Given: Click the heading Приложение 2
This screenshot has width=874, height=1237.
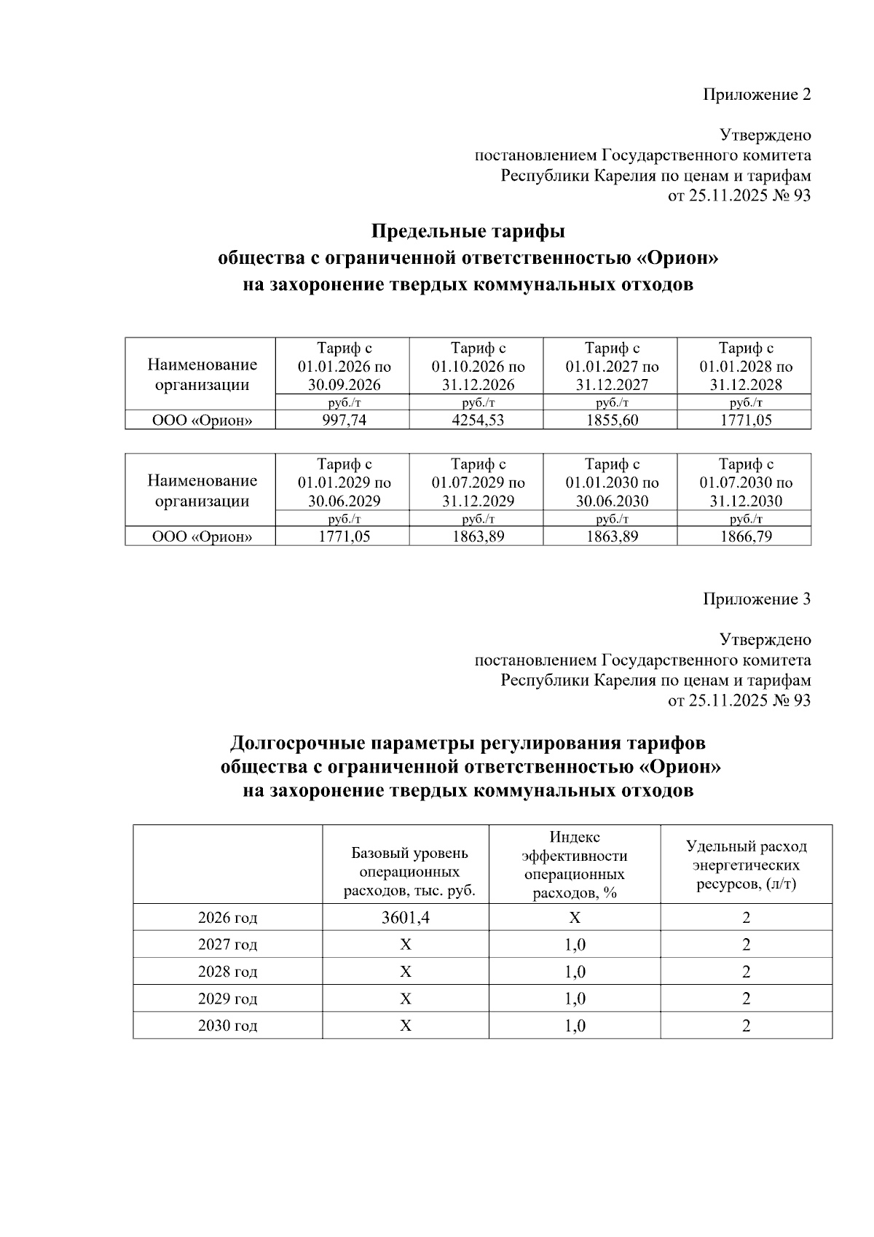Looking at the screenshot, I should [756, 95].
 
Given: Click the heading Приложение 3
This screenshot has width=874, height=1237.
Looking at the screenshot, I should [756, 599].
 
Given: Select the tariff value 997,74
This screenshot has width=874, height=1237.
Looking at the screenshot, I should [342, 420].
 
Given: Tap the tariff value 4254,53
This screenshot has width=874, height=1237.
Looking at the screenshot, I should [476, 420].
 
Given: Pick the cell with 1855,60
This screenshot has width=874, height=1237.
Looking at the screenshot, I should [610, 420].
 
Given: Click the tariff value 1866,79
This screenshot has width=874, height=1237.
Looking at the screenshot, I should [744, 536].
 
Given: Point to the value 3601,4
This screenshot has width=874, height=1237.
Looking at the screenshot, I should [406, 918].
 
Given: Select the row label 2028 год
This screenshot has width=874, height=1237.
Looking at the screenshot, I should [227, 972].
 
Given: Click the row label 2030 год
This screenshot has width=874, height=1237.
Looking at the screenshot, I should [227, 1026].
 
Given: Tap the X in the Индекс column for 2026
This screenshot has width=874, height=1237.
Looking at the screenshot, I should [575, 918].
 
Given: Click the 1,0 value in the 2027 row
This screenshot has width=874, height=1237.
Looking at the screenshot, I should [575, 945].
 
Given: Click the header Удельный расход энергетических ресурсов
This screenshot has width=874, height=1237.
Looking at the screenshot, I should [746, 865].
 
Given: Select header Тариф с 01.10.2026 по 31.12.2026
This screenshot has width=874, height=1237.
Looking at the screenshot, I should [477, 366].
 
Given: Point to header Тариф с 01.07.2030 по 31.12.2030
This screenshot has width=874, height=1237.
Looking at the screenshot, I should [745, 482].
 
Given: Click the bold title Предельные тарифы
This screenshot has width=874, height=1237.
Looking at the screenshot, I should [468, 232].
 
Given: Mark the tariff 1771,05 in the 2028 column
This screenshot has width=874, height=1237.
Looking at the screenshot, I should [744, 420].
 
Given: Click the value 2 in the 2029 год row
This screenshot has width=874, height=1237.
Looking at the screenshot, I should [746, 999].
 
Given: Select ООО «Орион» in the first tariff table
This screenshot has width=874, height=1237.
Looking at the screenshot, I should [201, 420].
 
